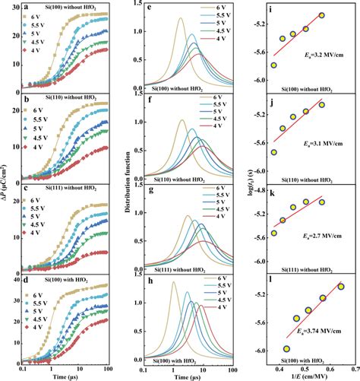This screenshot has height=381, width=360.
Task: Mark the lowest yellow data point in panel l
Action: tap(286, 348)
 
